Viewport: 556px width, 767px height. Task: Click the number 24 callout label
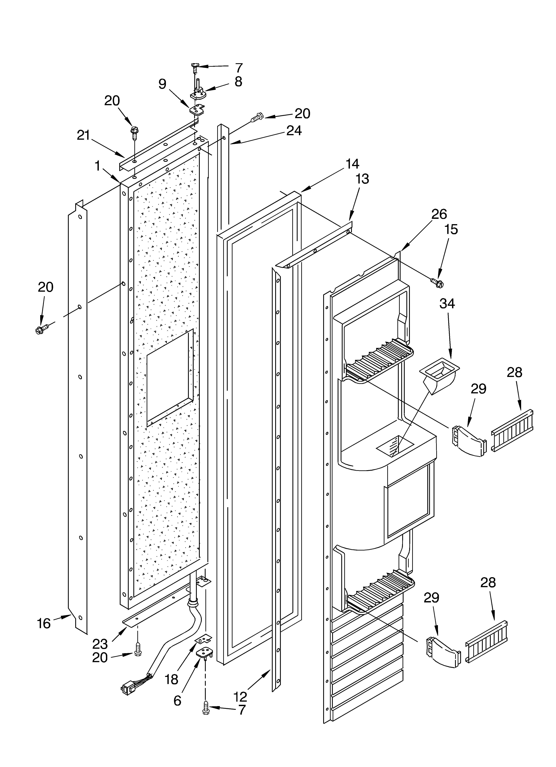294,131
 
